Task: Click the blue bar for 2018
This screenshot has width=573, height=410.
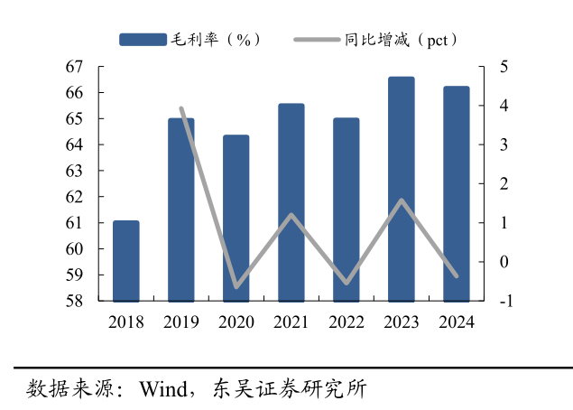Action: [x=125, y=261]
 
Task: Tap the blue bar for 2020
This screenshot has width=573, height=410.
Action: [x=236, y=218]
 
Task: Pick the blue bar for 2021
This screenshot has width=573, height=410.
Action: [x=291, y=202]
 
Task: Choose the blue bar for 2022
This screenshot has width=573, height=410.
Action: [x=346, y=210]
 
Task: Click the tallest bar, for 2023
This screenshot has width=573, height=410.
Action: [x=401, y=189]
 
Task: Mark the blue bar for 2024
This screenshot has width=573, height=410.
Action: [x=456, y=193]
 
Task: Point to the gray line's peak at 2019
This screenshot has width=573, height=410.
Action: [x=181, y=109]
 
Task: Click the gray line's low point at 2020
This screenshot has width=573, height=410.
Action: [x=236, y=286]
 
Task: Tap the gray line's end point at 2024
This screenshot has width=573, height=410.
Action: [x=456, y=275]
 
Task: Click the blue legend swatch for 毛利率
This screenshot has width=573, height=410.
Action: [x=143, y=40]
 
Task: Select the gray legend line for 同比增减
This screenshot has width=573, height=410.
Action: [x=317, y=40]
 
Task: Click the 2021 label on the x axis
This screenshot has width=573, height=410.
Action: [x=291, y=321]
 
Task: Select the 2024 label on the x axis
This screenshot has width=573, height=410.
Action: [x=456, y=321]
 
